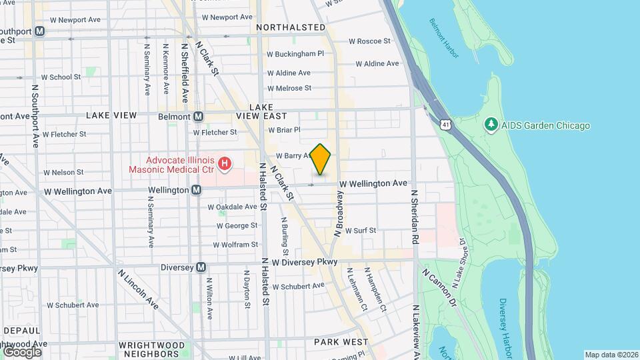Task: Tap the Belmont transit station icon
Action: (198, 117)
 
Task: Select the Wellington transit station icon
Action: (197, 190)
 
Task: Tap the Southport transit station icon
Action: (41, 31)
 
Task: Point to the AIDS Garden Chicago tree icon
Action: (491, 125)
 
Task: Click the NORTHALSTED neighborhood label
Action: (291, 28)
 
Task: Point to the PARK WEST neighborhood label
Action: (341, 342)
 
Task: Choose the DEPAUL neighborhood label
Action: (22, 331)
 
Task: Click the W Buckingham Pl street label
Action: (295, 53)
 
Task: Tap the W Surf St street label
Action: (361, 231)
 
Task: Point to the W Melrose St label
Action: (289, 88)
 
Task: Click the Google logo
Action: (22, 351)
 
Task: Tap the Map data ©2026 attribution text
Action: (611, 355)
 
